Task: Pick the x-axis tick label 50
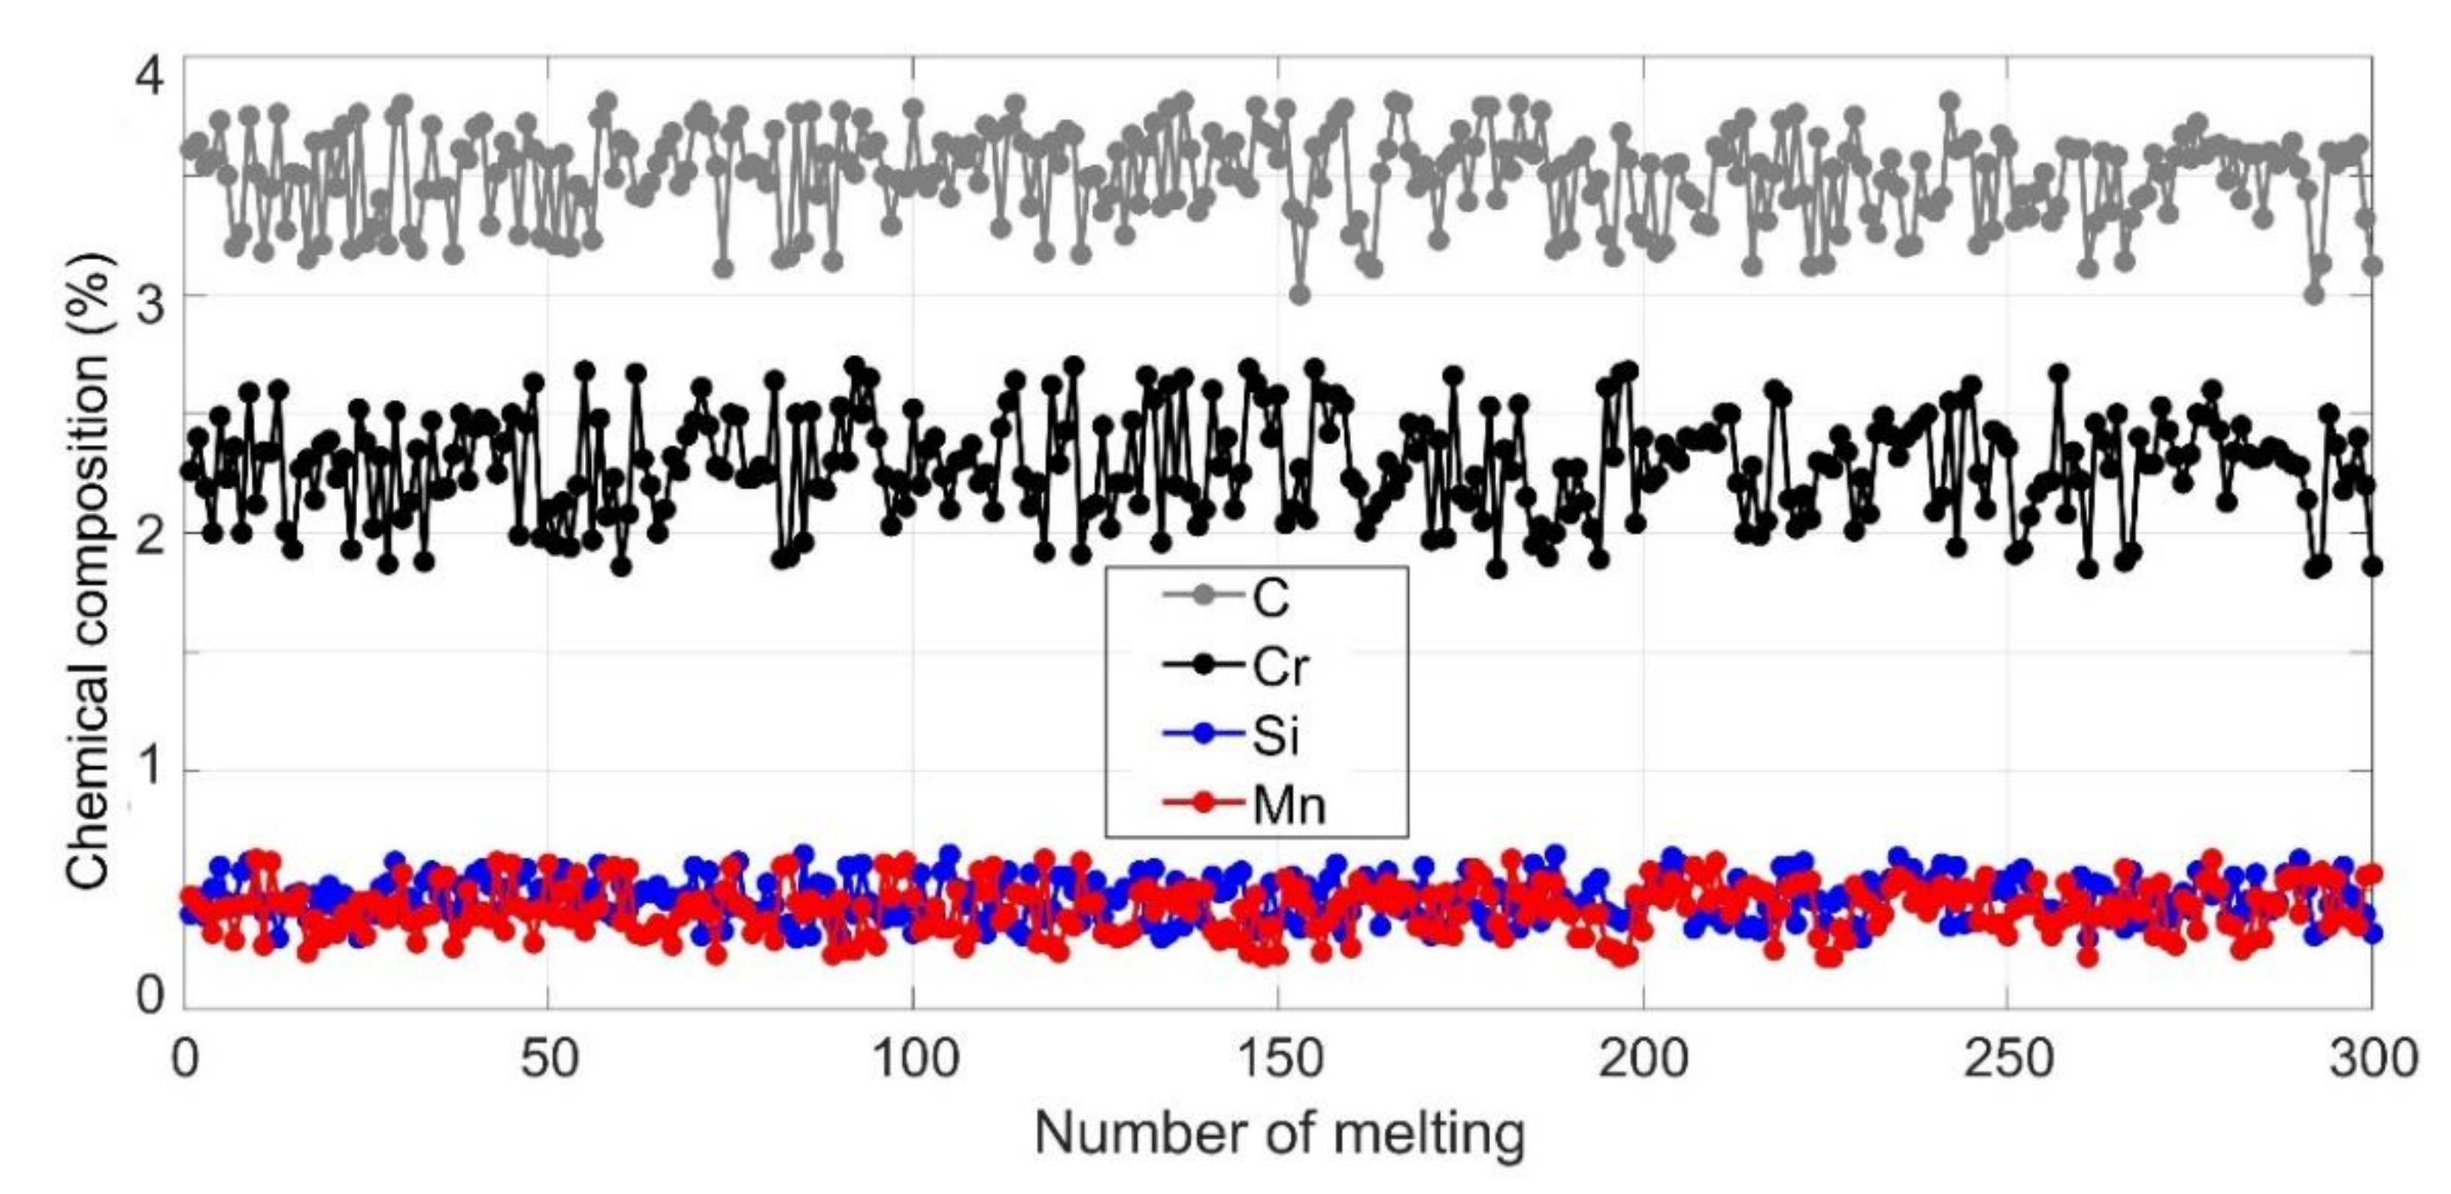[x=548, y=1059]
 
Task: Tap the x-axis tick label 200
[x=1644, y=1059]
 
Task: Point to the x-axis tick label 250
[x=2007, y=1059]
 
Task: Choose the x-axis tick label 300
[x=2372, y=1059]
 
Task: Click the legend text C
[x=1271, y=599]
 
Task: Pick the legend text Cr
[x=1280, y=668]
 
